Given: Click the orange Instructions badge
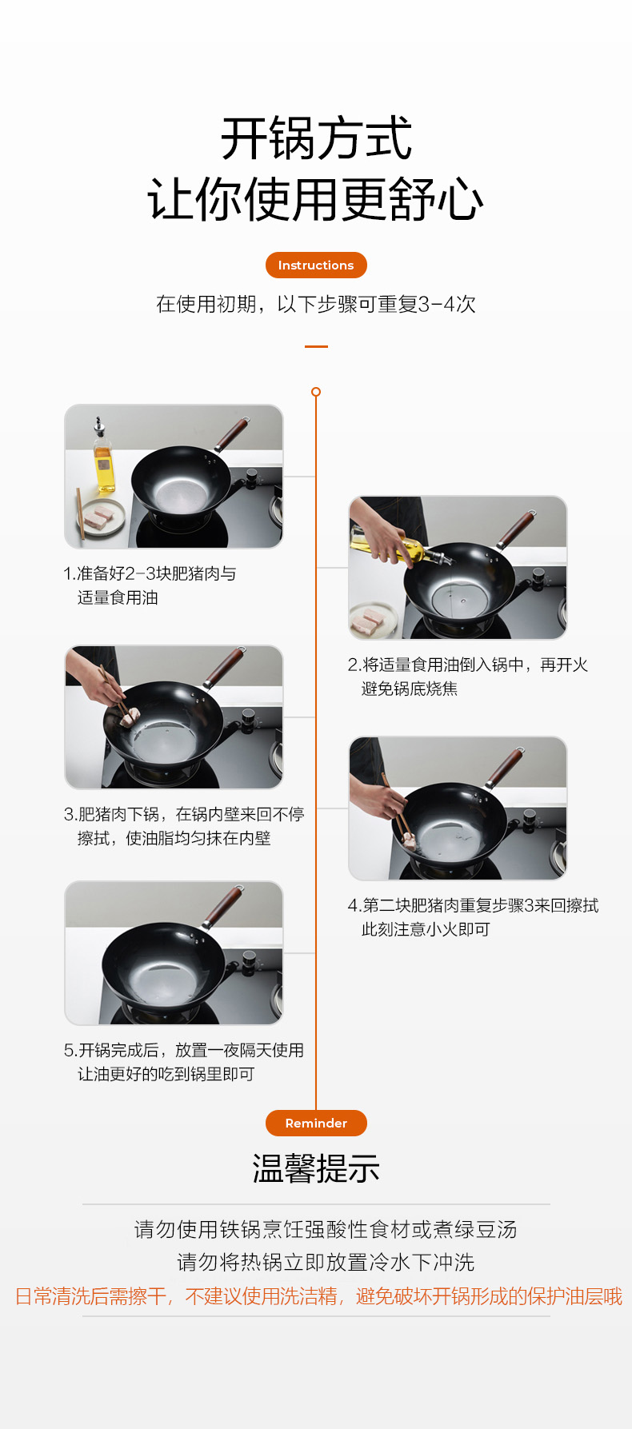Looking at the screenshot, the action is tap(316, 265).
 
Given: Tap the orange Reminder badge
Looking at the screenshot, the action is tap(316, 1123).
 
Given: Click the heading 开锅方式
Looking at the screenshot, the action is tap(316, 138).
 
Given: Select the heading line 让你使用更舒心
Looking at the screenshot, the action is tap(316, 199).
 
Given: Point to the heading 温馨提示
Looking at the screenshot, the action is tap(316, 1169).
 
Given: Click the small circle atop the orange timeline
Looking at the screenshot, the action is tap(316, 392).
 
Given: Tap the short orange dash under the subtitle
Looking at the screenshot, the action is tap(316, 346).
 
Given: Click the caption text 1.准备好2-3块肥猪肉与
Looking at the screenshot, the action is tap(150, 573).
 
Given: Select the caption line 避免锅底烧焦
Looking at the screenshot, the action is tap(410, 689).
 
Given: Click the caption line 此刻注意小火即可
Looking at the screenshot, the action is tap(426, 929).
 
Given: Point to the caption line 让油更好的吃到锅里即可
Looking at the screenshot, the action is tap(166, 1074).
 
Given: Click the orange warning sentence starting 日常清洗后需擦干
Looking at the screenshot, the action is tap(318, 1296).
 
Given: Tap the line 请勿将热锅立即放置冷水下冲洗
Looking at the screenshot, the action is tap(326, 1263).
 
